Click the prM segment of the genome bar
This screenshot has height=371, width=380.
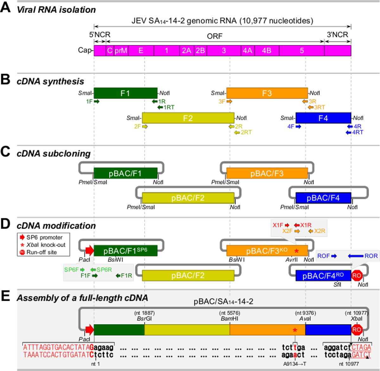pyautogui.click(x=121, y=51)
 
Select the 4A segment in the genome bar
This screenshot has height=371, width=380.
pyautogui.click(x=247, y=51)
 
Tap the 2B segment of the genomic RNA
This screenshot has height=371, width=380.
pyautogui.click(x=200, y=51)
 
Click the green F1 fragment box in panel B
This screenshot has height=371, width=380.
pyautogui.click(x=125, y=93)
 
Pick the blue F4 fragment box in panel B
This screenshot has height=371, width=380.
pyautogui.click(x=323, y=118)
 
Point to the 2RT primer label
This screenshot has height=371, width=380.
pyautogui.click(x=246, y=132)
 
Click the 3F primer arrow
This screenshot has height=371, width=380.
pyautogui.click(x=229, y=102)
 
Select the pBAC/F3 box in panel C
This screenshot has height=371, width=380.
pyautogui.click(x=267, y=173)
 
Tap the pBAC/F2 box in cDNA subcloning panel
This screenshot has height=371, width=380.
pyautogui.click(x=188, y=198)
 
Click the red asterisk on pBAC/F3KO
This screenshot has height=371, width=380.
pyautogui.click(x=296, y=251)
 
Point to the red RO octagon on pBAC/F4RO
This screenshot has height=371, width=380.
pyautogui.click(x=357, y=275)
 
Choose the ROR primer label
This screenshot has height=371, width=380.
pyautogui.click(x=371, y=256)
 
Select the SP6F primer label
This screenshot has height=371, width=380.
pyautogui.click(x=71, y=270)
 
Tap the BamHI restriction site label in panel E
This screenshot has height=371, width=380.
pyautogui.click(x=230, y=318)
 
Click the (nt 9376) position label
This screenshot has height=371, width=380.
pyautogui.click(x=305, y=313)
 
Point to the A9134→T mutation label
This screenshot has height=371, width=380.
pyautogui.click(x=294, y=364)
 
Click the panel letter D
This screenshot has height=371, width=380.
pyautogui.click(x=5, y=224)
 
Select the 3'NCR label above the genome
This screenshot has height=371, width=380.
pyautogui.click(x=338, y=35)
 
